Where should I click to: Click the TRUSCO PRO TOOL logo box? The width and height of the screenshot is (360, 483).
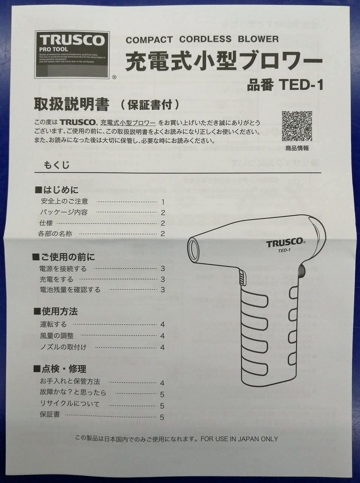coord(72,54)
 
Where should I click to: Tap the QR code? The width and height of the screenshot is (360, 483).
coord(297,126)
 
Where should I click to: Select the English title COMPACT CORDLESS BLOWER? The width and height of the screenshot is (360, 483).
coord(202,39)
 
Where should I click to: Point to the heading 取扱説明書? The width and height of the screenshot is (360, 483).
coord(72,105)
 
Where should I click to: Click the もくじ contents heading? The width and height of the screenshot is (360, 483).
coord(57,165)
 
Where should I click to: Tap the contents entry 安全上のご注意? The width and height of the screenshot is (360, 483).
coord(64,202)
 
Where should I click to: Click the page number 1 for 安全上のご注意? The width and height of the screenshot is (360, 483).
coord(163,202)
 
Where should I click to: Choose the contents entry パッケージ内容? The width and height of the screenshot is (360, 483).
coord(64,212)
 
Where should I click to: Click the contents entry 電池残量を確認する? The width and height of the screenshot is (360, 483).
coord(70,290)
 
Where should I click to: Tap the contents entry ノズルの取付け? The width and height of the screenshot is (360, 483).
coord(63,347)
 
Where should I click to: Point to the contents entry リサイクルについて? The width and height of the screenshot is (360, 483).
coord(69,404)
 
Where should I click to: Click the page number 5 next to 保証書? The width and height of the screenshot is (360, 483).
coord(162,417)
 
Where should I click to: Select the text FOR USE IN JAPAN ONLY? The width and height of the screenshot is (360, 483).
coord(239,439)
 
